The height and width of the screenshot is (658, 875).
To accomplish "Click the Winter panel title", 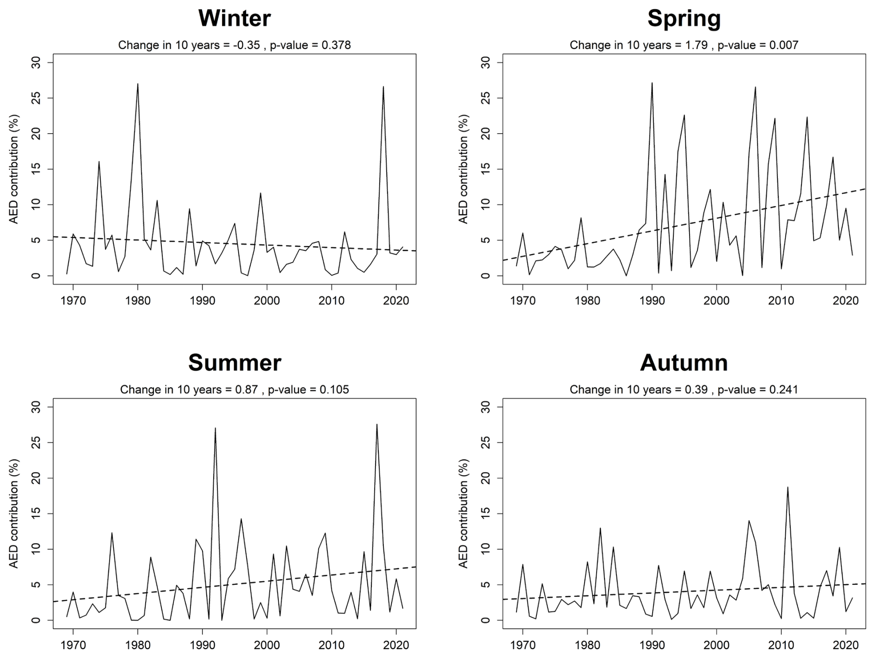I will (234, 19).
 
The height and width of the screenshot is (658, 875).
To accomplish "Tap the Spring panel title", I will (684, 19).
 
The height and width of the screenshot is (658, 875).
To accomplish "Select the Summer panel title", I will (234, 363).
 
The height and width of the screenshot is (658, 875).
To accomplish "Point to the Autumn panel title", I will (684, 363).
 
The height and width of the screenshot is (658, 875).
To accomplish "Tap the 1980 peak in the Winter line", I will (138, 84).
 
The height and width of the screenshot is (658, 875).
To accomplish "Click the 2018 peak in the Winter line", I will (383, 87).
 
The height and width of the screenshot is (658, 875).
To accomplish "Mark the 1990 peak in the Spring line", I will (652, 83).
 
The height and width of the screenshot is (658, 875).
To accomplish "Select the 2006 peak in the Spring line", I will (755, 87).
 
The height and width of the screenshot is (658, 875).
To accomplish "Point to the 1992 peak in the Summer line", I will (215, 428).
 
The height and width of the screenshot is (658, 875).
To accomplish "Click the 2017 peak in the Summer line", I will (377, 425).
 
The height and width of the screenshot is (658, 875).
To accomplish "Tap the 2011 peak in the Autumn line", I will (788, 487).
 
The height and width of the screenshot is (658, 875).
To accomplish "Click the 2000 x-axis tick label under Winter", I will (267, 301).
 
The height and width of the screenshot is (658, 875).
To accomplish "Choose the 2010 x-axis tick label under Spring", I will (781, 301).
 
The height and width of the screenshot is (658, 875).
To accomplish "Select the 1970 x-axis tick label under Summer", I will (73, 645).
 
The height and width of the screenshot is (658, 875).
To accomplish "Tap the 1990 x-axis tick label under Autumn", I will (652, 645).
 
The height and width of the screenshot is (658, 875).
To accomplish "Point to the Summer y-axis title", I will (14, 514).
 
